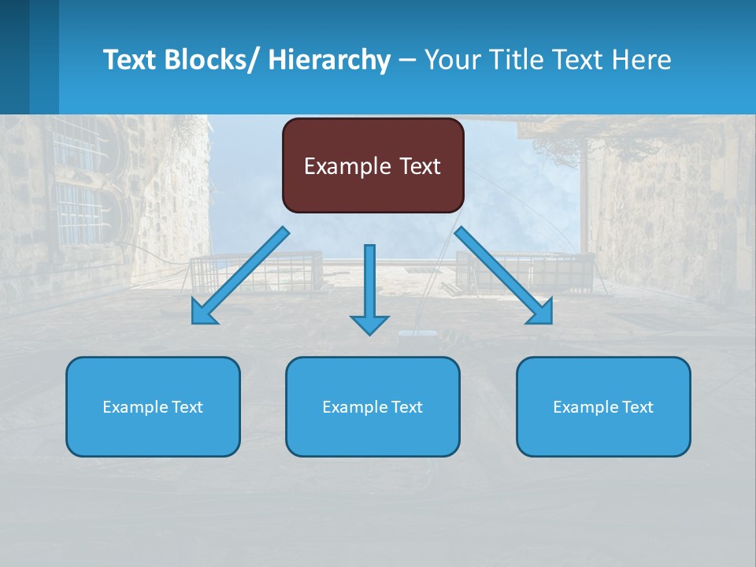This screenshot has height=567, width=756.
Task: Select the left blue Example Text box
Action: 153,407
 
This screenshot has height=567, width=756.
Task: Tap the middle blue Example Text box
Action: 372,407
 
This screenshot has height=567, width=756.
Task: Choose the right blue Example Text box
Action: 603,407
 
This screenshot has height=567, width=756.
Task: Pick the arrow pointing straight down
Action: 369,283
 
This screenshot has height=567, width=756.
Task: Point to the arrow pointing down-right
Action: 500,272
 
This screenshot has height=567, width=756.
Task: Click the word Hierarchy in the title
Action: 328,60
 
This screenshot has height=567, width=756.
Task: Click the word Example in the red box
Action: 347,166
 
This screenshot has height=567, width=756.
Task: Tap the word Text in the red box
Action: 420,166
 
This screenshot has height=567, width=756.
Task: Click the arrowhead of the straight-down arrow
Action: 369,324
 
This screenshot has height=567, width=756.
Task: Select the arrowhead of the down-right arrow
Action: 542,313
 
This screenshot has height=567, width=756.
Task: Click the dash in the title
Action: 407,60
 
